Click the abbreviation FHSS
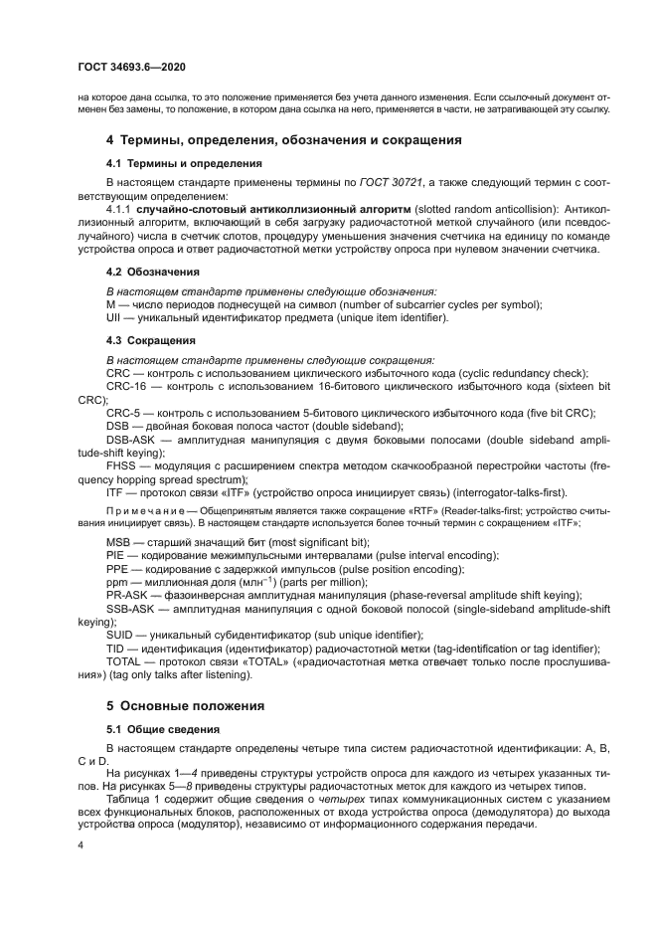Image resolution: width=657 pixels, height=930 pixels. click(x=121, y=465)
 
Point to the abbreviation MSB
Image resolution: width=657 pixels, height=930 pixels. click(x=118, y=542)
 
